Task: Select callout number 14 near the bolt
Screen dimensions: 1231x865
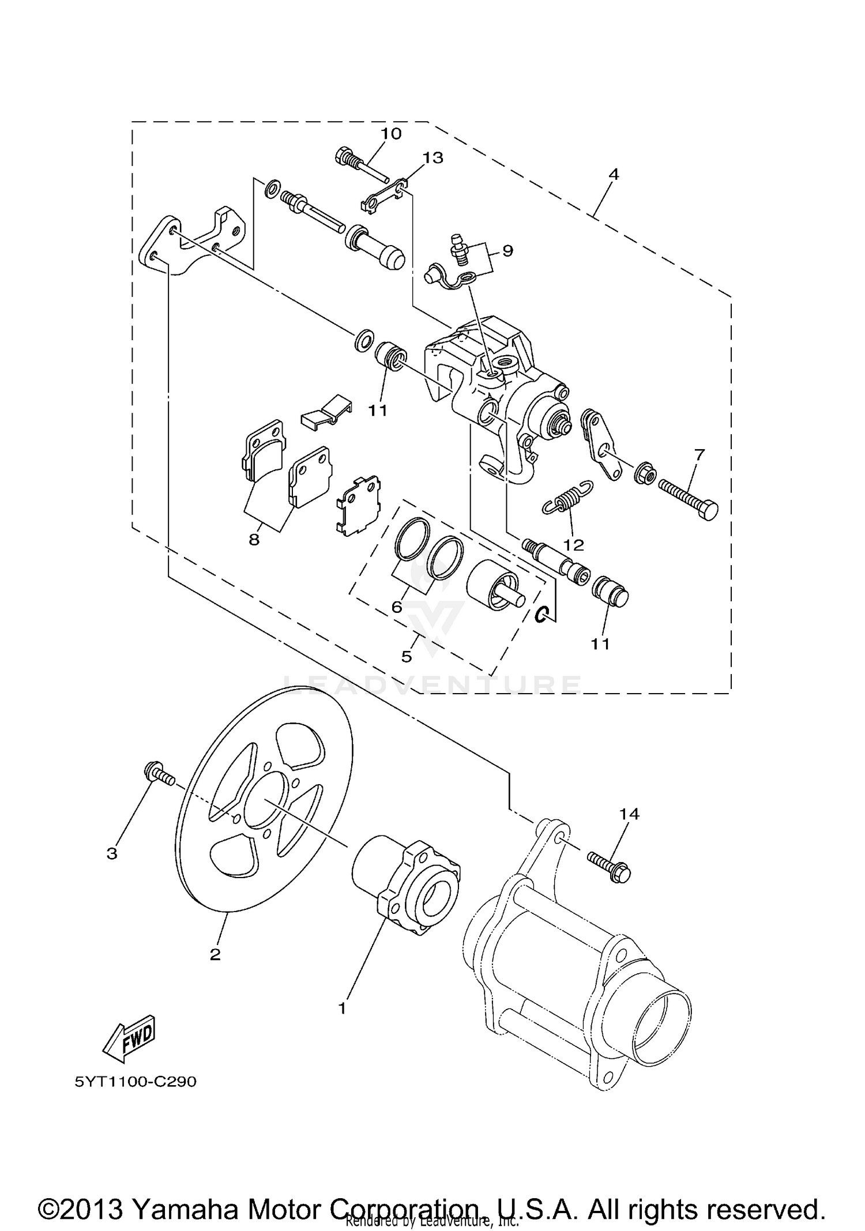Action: pyautogui.click(x=629, y=814)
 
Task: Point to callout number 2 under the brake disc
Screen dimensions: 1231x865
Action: pyautogui.click(x=215, y=955)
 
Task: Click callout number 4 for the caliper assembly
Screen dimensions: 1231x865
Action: pyautogui.click(x=614, y=174)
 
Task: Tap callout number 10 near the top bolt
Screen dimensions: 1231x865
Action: pyautogui.click(x=390, y=134)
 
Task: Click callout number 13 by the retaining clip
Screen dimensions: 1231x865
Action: pyautogui.click(x=433, y=157)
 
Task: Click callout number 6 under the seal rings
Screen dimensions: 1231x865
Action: pyautogui.click(x=397, y=607)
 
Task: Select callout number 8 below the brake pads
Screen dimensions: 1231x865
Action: pyautogui.click(x=254, y=540)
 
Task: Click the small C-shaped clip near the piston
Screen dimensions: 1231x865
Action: pyautogui.click(x=541, y=616)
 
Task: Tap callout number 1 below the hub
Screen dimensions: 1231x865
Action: pyautogui.click(x=342, y=1008)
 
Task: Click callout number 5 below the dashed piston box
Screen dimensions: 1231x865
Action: pyautogui.click(x=407, y=656)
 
